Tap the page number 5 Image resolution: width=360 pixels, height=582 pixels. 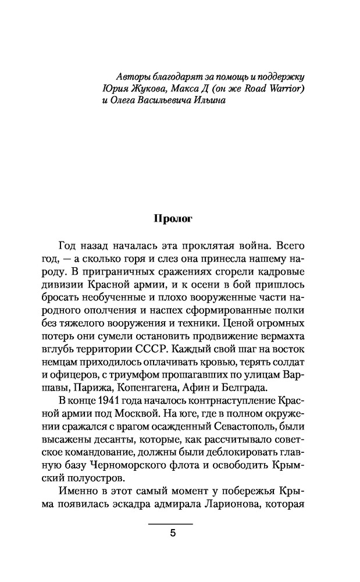point(172,535)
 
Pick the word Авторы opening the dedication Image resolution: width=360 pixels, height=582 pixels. point(132,77)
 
